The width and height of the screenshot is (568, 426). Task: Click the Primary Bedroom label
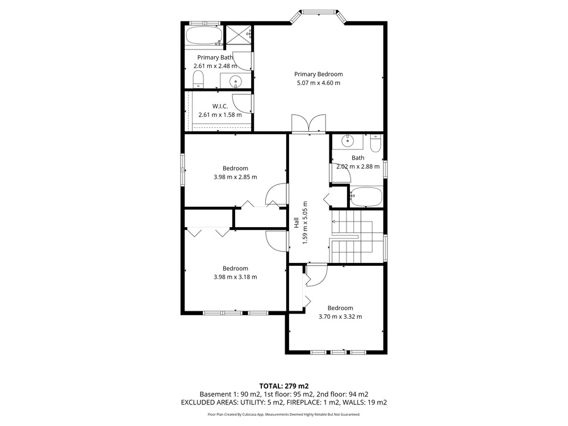click(319, 74)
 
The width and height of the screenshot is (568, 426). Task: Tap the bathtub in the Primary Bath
click(204, 36)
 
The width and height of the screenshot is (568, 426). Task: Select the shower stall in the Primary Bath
click(239, 35)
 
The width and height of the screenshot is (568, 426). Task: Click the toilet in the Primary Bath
click(198, 80)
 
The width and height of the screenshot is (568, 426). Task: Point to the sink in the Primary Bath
click(236, 81)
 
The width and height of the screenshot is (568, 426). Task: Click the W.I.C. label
click(220, 106)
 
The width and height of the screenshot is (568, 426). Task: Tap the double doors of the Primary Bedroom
click(309, 123)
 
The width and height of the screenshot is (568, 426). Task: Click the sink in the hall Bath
click(348, 140)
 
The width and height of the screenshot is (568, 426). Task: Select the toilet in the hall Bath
click(375, 144)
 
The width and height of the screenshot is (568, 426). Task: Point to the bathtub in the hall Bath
click(366, 197)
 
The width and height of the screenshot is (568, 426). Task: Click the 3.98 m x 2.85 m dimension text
click(236, 177)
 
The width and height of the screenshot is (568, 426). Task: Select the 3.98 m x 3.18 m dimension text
click(236, 277)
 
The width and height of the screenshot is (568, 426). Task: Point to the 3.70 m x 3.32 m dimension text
click(340, 316)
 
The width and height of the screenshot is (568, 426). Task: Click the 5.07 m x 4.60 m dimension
click(319, 83)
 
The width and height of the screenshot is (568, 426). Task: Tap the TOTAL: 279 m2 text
click(284, 386)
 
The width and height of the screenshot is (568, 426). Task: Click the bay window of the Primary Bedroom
click(319, 16)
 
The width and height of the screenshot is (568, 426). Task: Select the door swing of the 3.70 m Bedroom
click(316, 275)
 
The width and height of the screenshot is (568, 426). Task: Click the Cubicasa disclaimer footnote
click(284, 414)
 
